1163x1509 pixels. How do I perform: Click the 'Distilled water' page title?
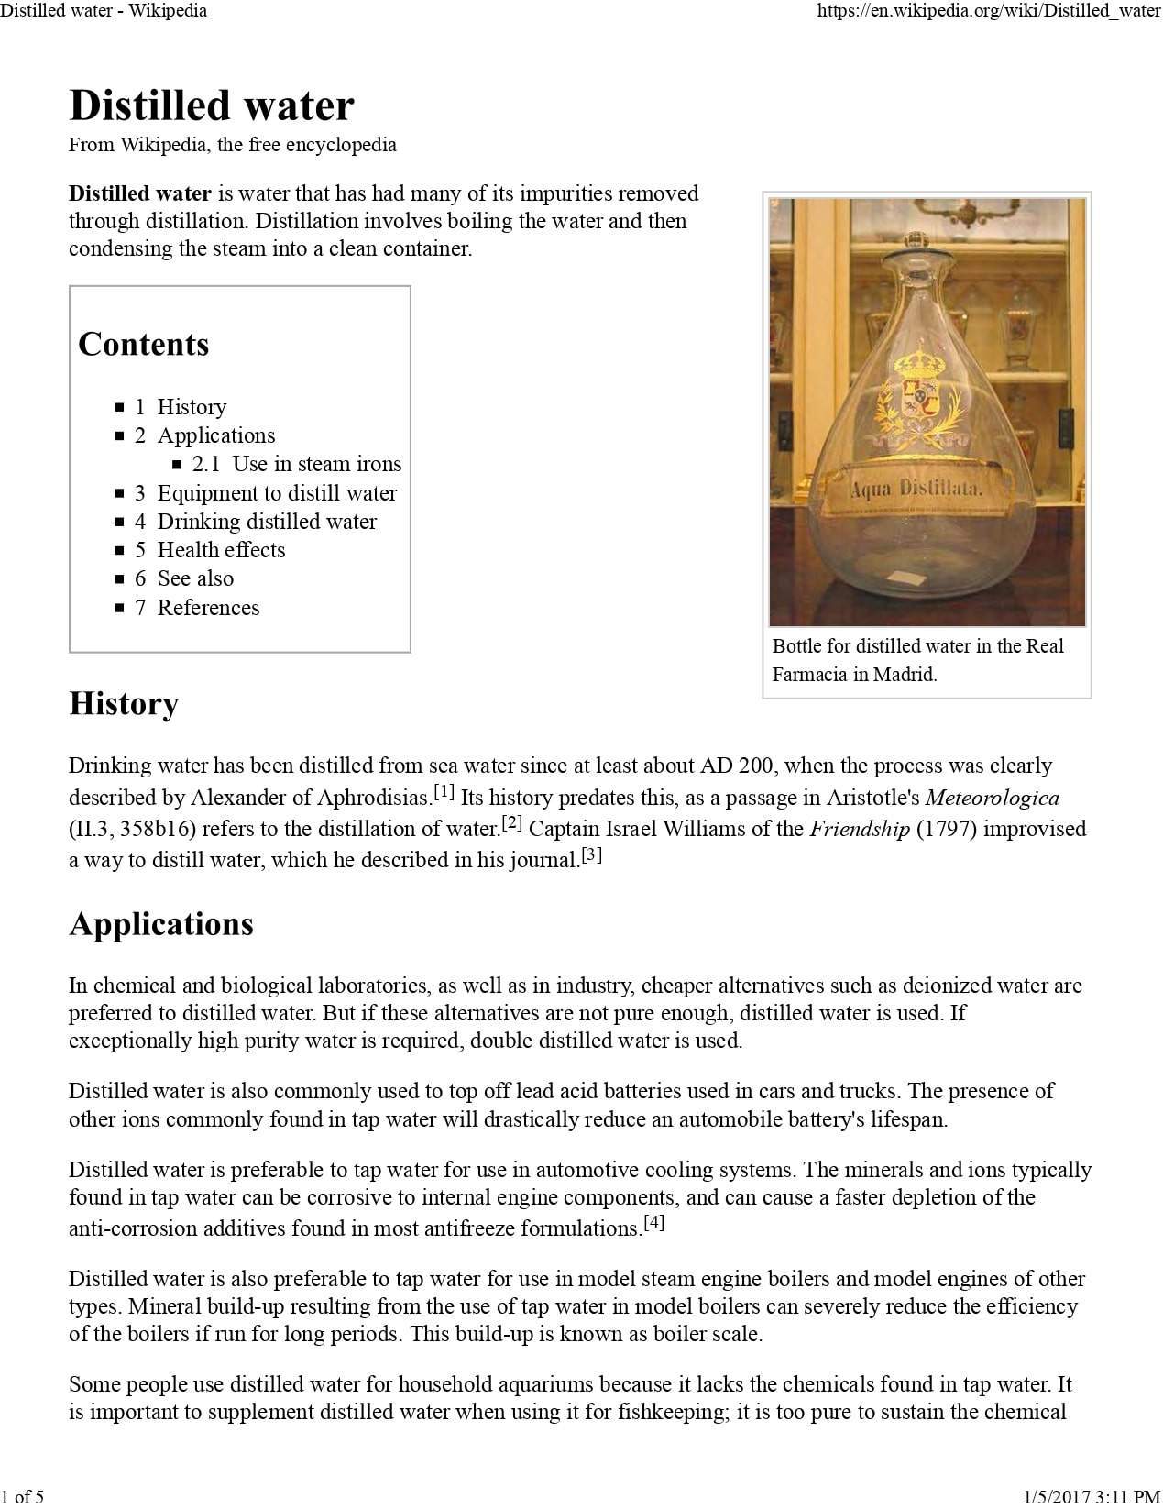[211, 105]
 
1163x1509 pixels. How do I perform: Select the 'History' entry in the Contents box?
[191, 407]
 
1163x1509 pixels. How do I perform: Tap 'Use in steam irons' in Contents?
[316, 464]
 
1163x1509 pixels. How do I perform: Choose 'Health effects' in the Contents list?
[221, 550]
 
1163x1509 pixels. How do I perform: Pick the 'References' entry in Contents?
[208, 608]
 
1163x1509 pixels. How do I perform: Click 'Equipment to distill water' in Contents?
[277, 493]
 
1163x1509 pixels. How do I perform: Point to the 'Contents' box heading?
[144, 345]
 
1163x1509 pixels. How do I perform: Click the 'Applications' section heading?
[161, 924]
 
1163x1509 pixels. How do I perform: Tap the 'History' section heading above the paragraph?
[124, 704]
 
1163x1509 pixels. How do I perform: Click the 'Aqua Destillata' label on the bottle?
[916, 490]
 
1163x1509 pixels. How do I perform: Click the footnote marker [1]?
[444, 790]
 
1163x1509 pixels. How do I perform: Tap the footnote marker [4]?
[653, 1222]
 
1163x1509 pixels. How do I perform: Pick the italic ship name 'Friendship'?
[860, 830]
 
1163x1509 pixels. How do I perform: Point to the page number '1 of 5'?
[23, 1497]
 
